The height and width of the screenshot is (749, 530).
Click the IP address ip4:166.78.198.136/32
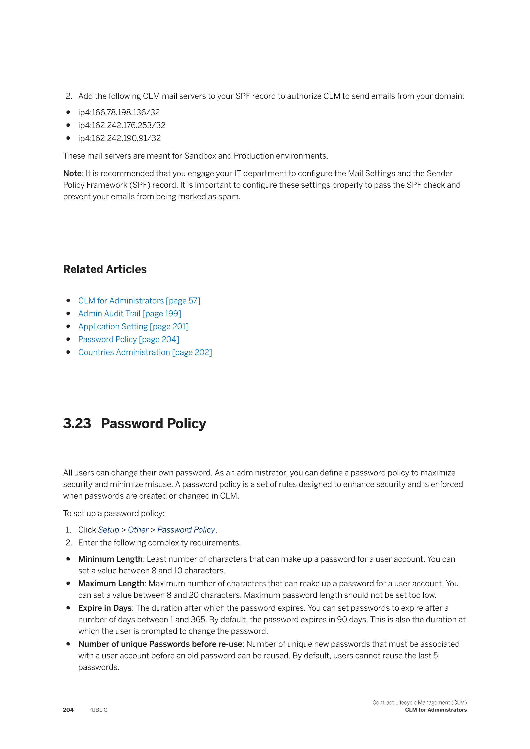[119, 112]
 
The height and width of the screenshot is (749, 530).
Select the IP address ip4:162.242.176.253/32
[122, 125]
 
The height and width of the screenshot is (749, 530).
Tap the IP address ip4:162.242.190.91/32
[120, 138]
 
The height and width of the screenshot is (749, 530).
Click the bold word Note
[72, 173]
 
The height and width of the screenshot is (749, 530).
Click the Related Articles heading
[105, 269]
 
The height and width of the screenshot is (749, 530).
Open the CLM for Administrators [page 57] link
[139, 301]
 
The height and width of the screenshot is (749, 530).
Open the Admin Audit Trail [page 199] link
[130, 313]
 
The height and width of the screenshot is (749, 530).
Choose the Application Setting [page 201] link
[134, 327]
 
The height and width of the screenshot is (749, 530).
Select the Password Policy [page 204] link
[129, 339]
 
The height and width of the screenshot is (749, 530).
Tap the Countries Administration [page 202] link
[145, 352]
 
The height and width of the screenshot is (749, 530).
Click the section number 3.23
[77, 423]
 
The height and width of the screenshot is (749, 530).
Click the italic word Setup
[108, 530]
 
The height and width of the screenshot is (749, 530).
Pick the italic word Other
[138, 530]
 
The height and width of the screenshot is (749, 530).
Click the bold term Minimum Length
[110, 559]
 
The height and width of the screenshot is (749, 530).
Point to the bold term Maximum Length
[111, 584]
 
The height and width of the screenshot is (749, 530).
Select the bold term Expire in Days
[105, 608]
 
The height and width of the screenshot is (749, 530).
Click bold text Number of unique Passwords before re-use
[160, 644]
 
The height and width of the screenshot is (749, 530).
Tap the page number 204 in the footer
[68, 710]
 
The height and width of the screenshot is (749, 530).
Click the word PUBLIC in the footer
[98, 710]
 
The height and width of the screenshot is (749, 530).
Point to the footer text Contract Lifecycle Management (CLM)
[419, 702]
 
